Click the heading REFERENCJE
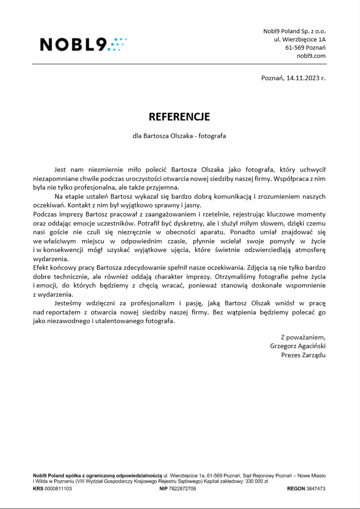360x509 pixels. tap(179, 117)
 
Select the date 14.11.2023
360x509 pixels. tap(303, 78)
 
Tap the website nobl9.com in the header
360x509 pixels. tap(311, 56)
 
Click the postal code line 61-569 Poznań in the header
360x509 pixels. tap(305, 48)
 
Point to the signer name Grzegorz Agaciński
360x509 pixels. tap(297, 346)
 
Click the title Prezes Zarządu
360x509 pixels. tap(303, 355)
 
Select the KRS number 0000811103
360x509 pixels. tap(58, 489)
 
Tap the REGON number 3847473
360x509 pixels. tap(316, 489)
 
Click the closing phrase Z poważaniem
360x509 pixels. tap(303, 337)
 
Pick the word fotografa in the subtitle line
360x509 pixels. tap(212, 136)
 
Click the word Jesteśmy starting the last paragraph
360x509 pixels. tap(68, 303)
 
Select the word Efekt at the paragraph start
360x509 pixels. tap(40, 268)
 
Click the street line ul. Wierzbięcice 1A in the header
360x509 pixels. tap(300, 39)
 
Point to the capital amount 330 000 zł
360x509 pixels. tap(257, 481)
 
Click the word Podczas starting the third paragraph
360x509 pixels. tap(45, 214)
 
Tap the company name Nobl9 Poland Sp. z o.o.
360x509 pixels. tap(294, 31)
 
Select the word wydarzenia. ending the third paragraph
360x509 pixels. tap(51, 259)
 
